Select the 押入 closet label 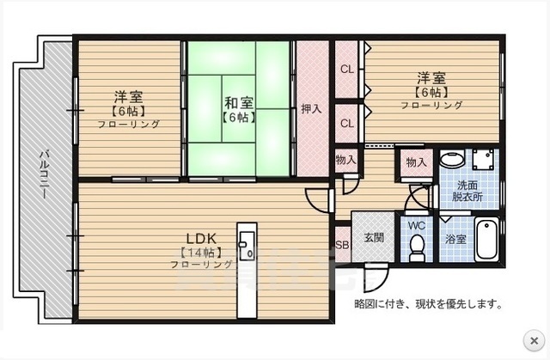point(311,108)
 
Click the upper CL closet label point(346,69)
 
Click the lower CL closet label point(346,123)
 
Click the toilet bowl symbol point(418,249)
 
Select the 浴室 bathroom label point(455,240)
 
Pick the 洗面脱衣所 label point(468,191)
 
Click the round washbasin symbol point(450,160)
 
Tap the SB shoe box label point(341,245)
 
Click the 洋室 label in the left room point(127,96)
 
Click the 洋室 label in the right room point(431,77)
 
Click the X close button point(534,339)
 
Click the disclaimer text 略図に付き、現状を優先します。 point(428,303)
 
